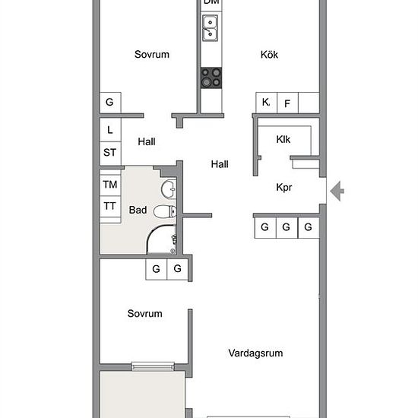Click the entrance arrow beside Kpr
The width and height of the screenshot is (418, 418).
pyautogui.click(x=337, y=191)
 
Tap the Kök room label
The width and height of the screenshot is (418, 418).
pyautogui.click(x=269, y=55)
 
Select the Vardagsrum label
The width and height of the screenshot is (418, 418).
pyautogui.click(x=255, y=353)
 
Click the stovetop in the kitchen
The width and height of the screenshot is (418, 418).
pyautogui.click(x=211, y=78)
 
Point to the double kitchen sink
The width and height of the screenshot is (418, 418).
pyautogui.click(x=210, y=28)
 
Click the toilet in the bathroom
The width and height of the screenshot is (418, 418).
pyautogui.click(x=165, y=211)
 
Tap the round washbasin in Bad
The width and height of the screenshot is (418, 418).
pyautogui.click(x=169, y=189)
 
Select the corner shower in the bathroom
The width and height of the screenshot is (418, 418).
pyautogui.click(x=162, y=239)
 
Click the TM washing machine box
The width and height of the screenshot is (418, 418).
pyautogui.click(x=110, y=185)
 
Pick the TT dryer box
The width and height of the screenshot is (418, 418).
pyautogui.click(x=110, y=206)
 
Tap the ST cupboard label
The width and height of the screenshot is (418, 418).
pyautogui.click(x=110, y=153)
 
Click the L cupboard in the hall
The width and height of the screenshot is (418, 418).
pyautogui.click(x=110, y=130)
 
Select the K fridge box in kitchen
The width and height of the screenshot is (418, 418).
pyautogui.click(x=266, y=103)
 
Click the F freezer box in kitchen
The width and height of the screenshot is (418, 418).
pyautogui.click(x=287, y=103)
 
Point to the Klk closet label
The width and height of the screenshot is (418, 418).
pyautogui.click(x=283, y=139)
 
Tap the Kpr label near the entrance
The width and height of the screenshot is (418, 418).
pyautogui.click(x=284, y=188)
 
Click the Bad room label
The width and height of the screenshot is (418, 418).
pyautogui.click(x=138, y=210)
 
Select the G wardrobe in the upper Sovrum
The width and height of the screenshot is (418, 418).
pyautogui.click(x=110, y=103)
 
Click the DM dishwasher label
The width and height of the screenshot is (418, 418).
pyautogui.click(x=211, y=2)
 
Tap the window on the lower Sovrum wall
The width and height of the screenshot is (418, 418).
pyautogui.click(x=153, y=366)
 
